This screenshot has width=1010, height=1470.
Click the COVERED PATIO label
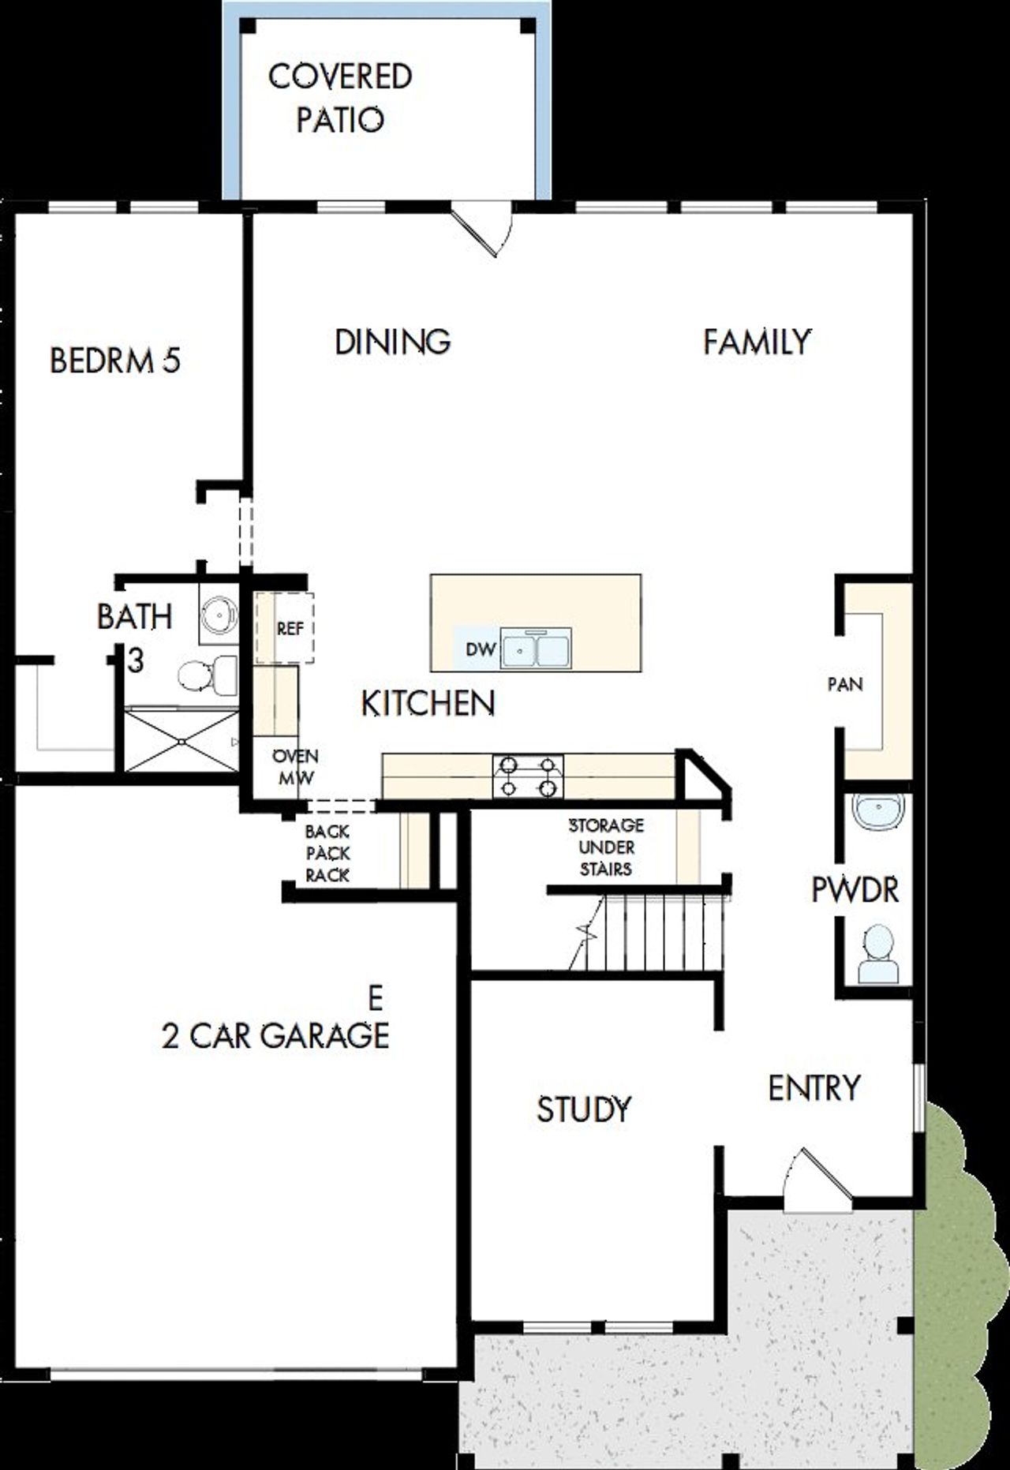click(340, 99)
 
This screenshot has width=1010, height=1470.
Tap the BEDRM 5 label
click(115, 361)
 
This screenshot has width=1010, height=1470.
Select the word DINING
click(393, 342)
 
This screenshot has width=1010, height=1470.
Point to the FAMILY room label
click(757, 342)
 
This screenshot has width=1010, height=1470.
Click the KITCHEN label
click(428, 703)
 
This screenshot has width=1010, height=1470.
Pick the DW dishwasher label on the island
click(480, 649)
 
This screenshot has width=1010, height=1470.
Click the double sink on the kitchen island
click(537, 649)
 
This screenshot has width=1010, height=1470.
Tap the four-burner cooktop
click(529, 776)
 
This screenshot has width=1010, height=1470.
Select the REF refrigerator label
click(290, 630)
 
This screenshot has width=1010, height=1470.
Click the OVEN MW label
click(295, 767)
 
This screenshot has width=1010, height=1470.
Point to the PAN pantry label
click(845, 684)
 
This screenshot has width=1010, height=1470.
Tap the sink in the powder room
click(879, 813)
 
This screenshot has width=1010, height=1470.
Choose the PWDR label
click(855, 890)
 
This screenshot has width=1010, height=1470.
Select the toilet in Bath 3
click(205, 675)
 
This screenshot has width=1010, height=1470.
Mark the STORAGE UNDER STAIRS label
click(606, 847)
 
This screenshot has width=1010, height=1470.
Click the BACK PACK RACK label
click(327, 853)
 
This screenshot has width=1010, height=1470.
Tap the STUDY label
click(584, 1109)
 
